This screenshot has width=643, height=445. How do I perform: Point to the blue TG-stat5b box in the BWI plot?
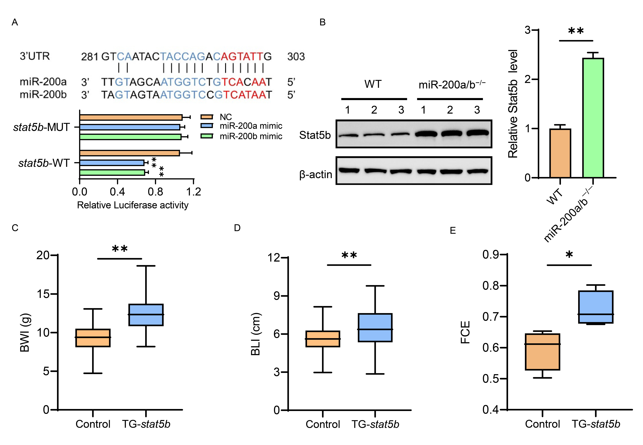pyautogui.click(x=146, y=315)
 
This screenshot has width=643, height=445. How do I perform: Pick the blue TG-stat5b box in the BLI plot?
pyautogui.click(x=375, y=328)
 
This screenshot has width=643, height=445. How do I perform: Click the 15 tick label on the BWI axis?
pyautogui.click(x=43, y=294)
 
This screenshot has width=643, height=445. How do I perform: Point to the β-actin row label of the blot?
pyautogui.click(x=316, y=175)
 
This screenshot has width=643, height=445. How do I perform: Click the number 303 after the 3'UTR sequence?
pyautogui.click(x=296, y=57)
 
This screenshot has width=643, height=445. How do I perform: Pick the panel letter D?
pyautogui.click(x=237, y=228)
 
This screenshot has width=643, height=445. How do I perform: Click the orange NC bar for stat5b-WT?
pyautogui.click(x=129, y=153)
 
